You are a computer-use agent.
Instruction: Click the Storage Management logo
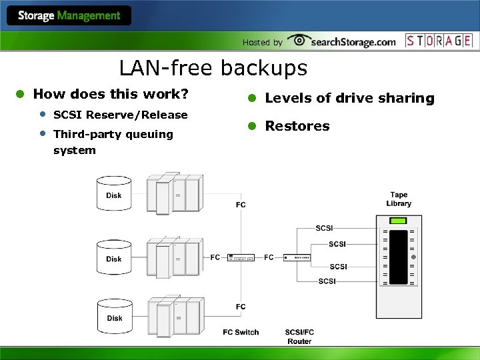pos(69,16)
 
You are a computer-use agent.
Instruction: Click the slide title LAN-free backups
pos(213,68)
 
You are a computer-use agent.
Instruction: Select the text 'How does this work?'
pos(111,94)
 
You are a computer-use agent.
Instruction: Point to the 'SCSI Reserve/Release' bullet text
pos(120,115)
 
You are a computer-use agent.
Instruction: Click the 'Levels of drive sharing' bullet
pos(349,99)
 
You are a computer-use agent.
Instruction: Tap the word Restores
pos(297,126)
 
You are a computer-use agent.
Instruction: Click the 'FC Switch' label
pos(241,332)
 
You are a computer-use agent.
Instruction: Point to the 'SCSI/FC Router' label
pos(299,337)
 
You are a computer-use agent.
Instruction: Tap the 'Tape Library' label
pos(399,199)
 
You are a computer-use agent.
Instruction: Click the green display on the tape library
pos(398,221)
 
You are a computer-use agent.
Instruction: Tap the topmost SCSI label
pos(324,228)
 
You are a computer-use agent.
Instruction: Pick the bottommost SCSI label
pos(327,281)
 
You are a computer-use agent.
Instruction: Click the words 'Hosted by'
pos(262,43)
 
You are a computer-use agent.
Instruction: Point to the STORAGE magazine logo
pos(439,41)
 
